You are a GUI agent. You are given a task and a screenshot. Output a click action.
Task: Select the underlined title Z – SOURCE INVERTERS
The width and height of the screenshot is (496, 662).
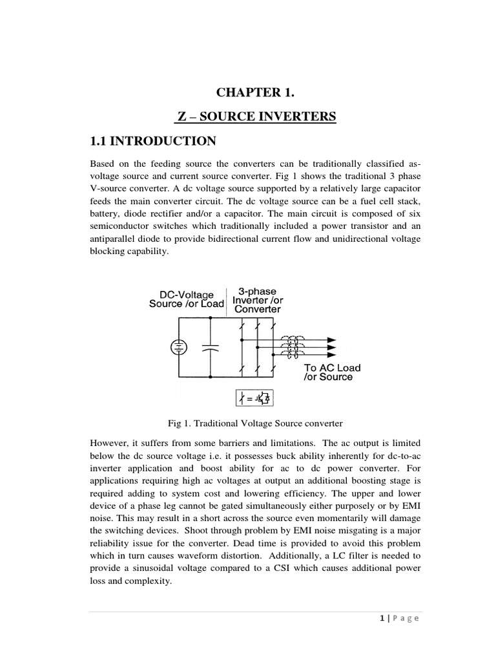pyautogui.click(x=257, y=117)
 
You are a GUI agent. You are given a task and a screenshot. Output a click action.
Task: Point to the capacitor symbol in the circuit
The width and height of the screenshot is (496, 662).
pyautogui.click(x=207, y=348)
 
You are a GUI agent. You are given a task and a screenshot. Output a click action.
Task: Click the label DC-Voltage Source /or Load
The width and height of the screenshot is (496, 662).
pyautogui.click(x=186, y=299)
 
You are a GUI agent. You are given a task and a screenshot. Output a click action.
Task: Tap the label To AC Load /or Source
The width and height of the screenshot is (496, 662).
pyautogui.click(x=332, y=372)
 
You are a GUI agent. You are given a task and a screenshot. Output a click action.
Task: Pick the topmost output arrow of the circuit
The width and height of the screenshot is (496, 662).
pyautogui.click(x=330, y=339)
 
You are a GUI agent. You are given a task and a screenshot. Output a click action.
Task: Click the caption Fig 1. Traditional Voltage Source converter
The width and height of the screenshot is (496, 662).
pyautogui.click(x=254, y=423)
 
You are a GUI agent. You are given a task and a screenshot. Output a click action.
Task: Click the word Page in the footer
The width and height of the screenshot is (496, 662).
pyautogui.click(x=407, y=619)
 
